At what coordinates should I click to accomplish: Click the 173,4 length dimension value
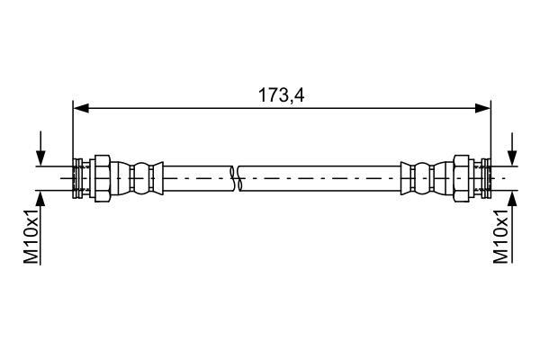tap(282, 95)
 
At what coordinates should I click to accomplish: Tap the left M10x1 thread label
tap(31, 237)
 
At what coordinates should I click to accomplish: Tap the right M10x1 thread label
tap(500, 237)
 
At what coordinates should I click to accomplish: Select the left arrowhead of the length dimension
tap(81, 108)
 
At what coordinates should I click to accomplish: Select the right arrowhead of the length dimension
tap(482, 108)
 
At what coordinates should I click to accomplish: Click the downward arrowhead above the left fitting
tap(40, 158)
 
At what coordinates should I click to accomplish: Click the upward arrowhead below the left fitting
tap(40, 198)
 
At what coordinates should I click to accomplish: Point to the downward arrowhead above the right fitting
tap(513, 158)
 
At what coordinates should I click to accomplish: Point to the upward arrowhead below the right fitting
tap(513, 198)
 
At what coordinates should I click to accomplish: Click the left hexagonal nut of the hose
tap(103, 178)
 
